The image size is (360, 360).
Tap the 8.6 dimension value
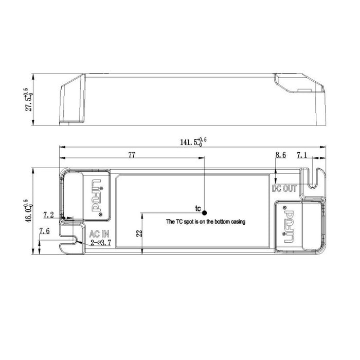click(280, 155)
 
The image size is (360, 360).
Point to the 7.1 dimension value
click(302, 155)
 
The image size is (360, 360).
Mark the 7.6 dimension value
click(45, 231)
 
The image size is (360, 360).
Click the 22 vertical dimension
click(139, 232)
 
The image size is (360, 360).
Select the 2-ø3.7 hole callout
click(101, 241)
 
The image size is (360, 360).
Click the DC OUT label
click(284, 188)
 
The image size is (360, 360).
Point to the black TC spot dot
click(204, 212)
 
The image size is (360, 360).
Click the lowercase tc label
click(197, 208)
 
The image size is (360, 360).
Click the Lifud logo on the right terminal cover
click(287, 225)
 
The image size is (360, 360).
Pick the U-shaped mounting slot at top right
click(314, 177)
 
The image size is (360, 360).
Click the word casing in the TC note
click(237, 222)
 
